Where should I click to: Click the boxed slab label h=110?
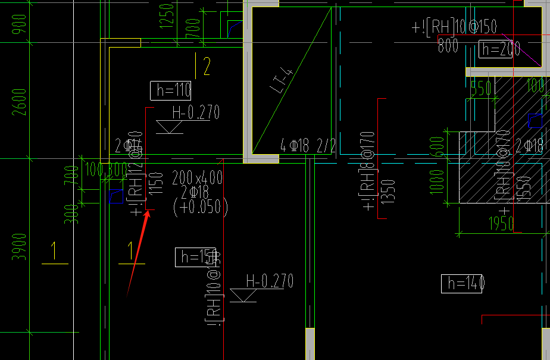[x=171, y=90]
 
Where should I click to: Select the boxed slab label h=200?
[x=499, y=49]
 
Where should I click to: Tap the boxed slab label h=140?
[x=462, y=284]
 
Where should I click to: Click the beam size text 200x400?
[x=198, y=177]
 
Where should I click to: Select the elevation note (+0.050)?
[x=200, y=206]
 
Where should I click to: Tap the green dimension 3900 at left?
[x=20, y=247]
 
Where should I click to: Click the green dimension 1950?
[x=501, y=224]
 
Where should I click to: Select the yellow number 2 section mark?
[x=206, y=67]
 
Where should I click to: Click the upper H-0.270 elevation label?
[x=196, y=112]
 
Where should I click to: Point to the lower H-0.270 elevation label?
[x=270, y=281]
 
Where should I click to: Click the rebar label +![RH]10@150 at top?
[x=454, y=27]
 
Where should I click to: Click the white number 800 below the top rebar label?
[x=448, y=46]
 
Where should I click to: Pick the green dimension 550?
[x=480, y=88]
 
